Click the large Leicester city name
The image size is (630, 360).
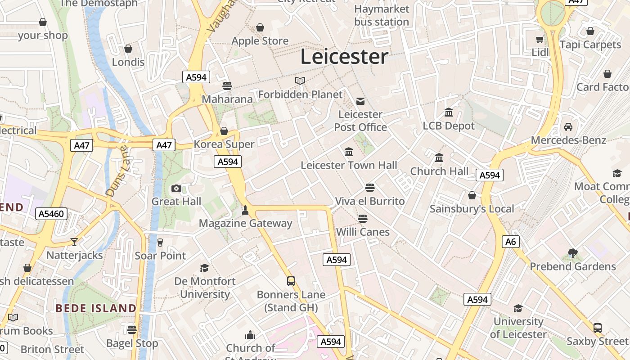pyautogui.click(x=344, y=57)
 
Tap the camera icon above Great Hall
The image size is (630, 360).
pyautogui.click(x=176, y=188)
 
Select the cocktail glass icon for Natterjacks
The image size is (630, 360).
pyautogui.click(x=74, y=242)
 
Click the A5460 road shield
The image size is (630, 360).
pyautogui.click(x=52, y=214)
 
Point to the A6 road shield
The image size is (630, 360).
pyautogui.click(x=511, y=242)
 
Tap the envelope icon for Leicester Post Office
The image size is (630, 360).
pyautogui.click(x=360, y=101)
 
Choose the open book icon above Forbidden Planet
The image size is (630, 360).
pyautogui.click(x=300, y=81)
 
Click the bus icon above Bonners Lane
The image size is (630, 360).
pyautogui.click(x=291, y=281)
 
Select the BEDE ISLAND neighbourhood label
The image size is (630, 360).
pyautogui.click(x=96, y=308)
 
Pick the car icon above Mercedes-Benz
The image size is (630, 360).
pyautogui.click(x=568, y=127)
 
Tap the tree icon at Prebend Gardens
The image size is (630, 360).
pyautogui.click(x=572, y=253)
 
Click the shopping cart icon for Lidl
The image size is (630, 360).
pyautogui.click(x=540, y=39)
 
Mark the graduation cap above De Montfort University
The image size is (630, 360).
pyautogui.click(x=205, y=268)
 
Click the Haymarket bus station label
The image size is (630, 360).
pyautogui.click(x=382, y=15)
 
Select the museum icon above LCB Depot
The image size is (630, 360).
pyautogui.click(x=449, y=112)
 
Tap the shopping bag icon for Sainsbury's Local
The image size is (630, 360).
pyautogui.click(x=472, y=195)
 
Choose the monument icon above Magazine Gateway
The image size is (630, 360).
pyautogui.click(x=245, y=210)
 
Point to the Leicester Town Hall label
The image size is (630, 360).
pyautogui.click(x=349, y=165)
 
